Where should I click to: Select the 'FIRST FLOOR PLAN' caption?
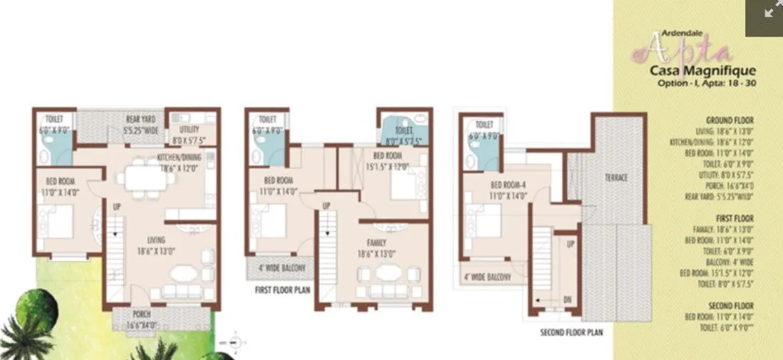(x=282, y=290)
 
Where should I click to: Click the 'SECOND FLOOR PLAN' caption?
(x=571, y=332)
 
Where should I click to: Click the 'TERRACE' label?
(x=616, y=178)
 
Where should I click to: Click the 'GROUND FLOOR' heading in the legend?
(x=730, y=120)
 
